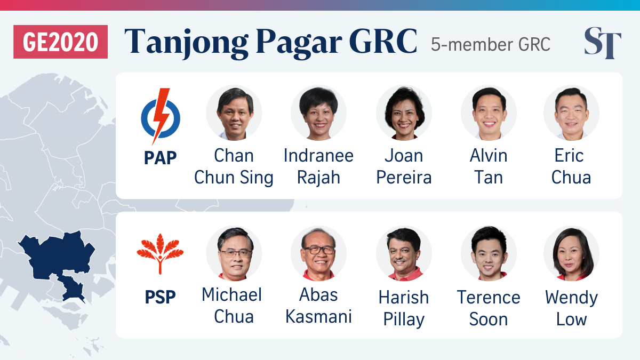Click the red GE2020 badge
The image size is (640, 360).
[60, 42]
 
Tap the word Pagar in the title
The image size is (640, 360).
[299, 43]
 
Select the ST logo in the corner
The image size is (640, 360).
[603, 43]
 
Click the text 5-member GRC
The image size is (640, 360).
[491, 45]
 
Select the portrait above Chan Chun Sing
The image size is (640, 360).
[234, 113]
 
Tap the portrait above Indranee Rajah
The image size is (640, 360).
[318, 113]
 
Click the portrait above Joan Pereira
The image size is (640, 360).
[404, 113]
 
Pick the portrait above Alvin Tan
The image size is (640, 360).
[489, 113]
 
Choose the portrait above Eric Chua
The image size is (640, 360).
[571, 113]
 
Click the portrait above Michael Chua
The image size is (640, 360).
[234, 253]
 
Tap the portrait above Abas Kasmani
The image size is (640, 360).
[318, 253]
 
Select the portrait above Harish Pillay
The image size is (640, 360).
[404, 253]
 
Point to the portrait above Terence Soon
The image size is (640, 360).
[489, 253]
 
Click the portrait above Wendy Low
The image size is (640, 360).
[571, 253]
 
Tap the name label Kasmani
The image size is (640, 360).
[318, 317]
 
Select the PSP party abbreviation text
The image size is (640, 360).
[161, 297]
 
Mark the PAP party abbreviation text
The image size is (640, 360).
[161, 158]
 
